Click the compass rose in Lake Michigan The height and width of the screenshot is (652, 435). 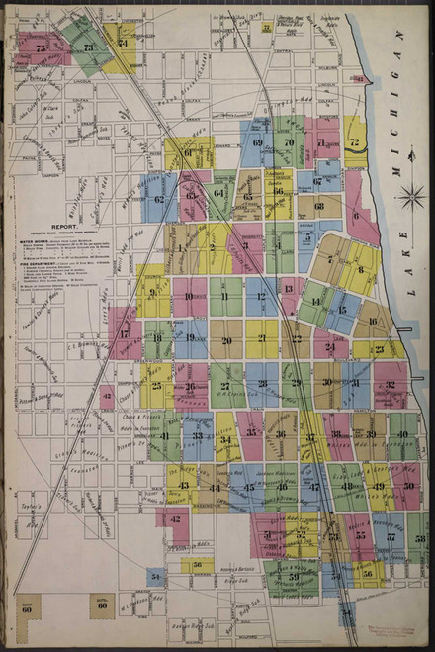pos(411,196)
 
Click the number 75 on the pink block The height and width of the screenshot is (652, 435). pos(41,47)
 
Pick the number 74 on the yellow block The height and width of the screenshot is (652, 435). pos(123,43)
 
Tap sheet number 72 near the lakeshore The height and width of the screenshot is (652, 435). pos(354,142)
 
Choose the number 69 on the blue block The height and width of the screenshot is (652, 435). pos(257,142)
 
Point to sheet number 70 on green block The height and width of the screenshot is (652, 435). pos(289,142)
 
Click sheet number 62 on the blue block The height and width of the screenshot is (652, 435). pos(158,199)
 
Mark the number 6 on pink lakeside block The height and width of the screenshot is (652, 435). pos(357,216)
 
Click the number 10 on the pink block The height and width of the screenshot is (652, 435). pos(189,296)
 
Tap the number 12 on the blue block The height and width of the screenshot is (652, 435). pos(261,296)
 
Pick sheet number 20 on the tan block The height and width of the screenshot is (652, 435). pos(226,339)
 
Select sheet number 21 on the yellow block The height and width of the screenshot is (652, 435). pos(262,339)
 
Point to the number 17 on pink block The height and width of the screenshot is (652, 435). pos(125,334)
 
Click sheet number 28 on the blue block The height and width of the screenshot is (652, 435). pos(261,384)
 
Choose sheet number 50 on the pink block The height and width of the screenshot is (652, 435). pos(406,486)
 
